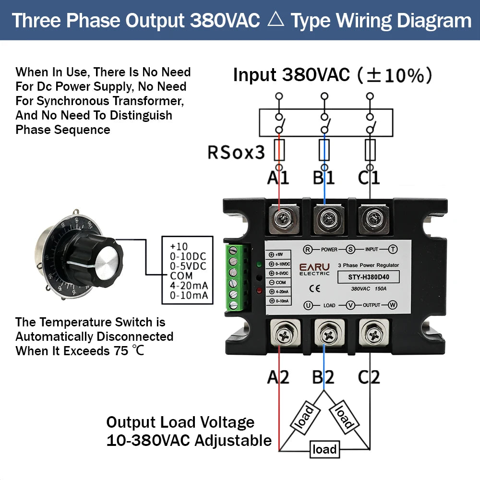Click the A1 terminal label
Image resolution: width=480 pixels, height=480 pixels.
coord(278,178)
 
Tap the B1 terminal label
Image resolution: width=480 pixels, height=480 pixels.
coord(324,178)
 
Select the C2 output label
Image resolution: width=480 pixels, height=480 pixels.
coord(369,377)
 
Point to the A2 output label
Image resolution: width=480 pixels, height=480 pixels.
coord(278,377)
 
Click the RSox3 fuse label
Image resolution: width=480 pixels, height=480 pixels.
coord(236,152)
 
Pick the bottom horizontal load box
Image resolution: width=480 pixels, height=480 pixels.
coord(324,449)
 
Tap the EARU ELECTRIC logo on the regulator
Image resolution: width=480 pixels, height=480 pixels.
coord(314,270)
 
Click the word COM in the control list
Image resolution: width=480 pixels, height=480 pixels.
coord(181,276)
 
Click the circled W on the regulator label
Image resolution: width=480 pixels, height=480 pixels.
coord(393,305)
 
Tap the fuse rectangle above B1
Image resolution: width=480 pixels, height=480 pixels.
coord(324,150)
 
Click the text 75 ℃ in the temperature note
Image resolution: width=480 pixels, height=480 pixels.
coord(129,351)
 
